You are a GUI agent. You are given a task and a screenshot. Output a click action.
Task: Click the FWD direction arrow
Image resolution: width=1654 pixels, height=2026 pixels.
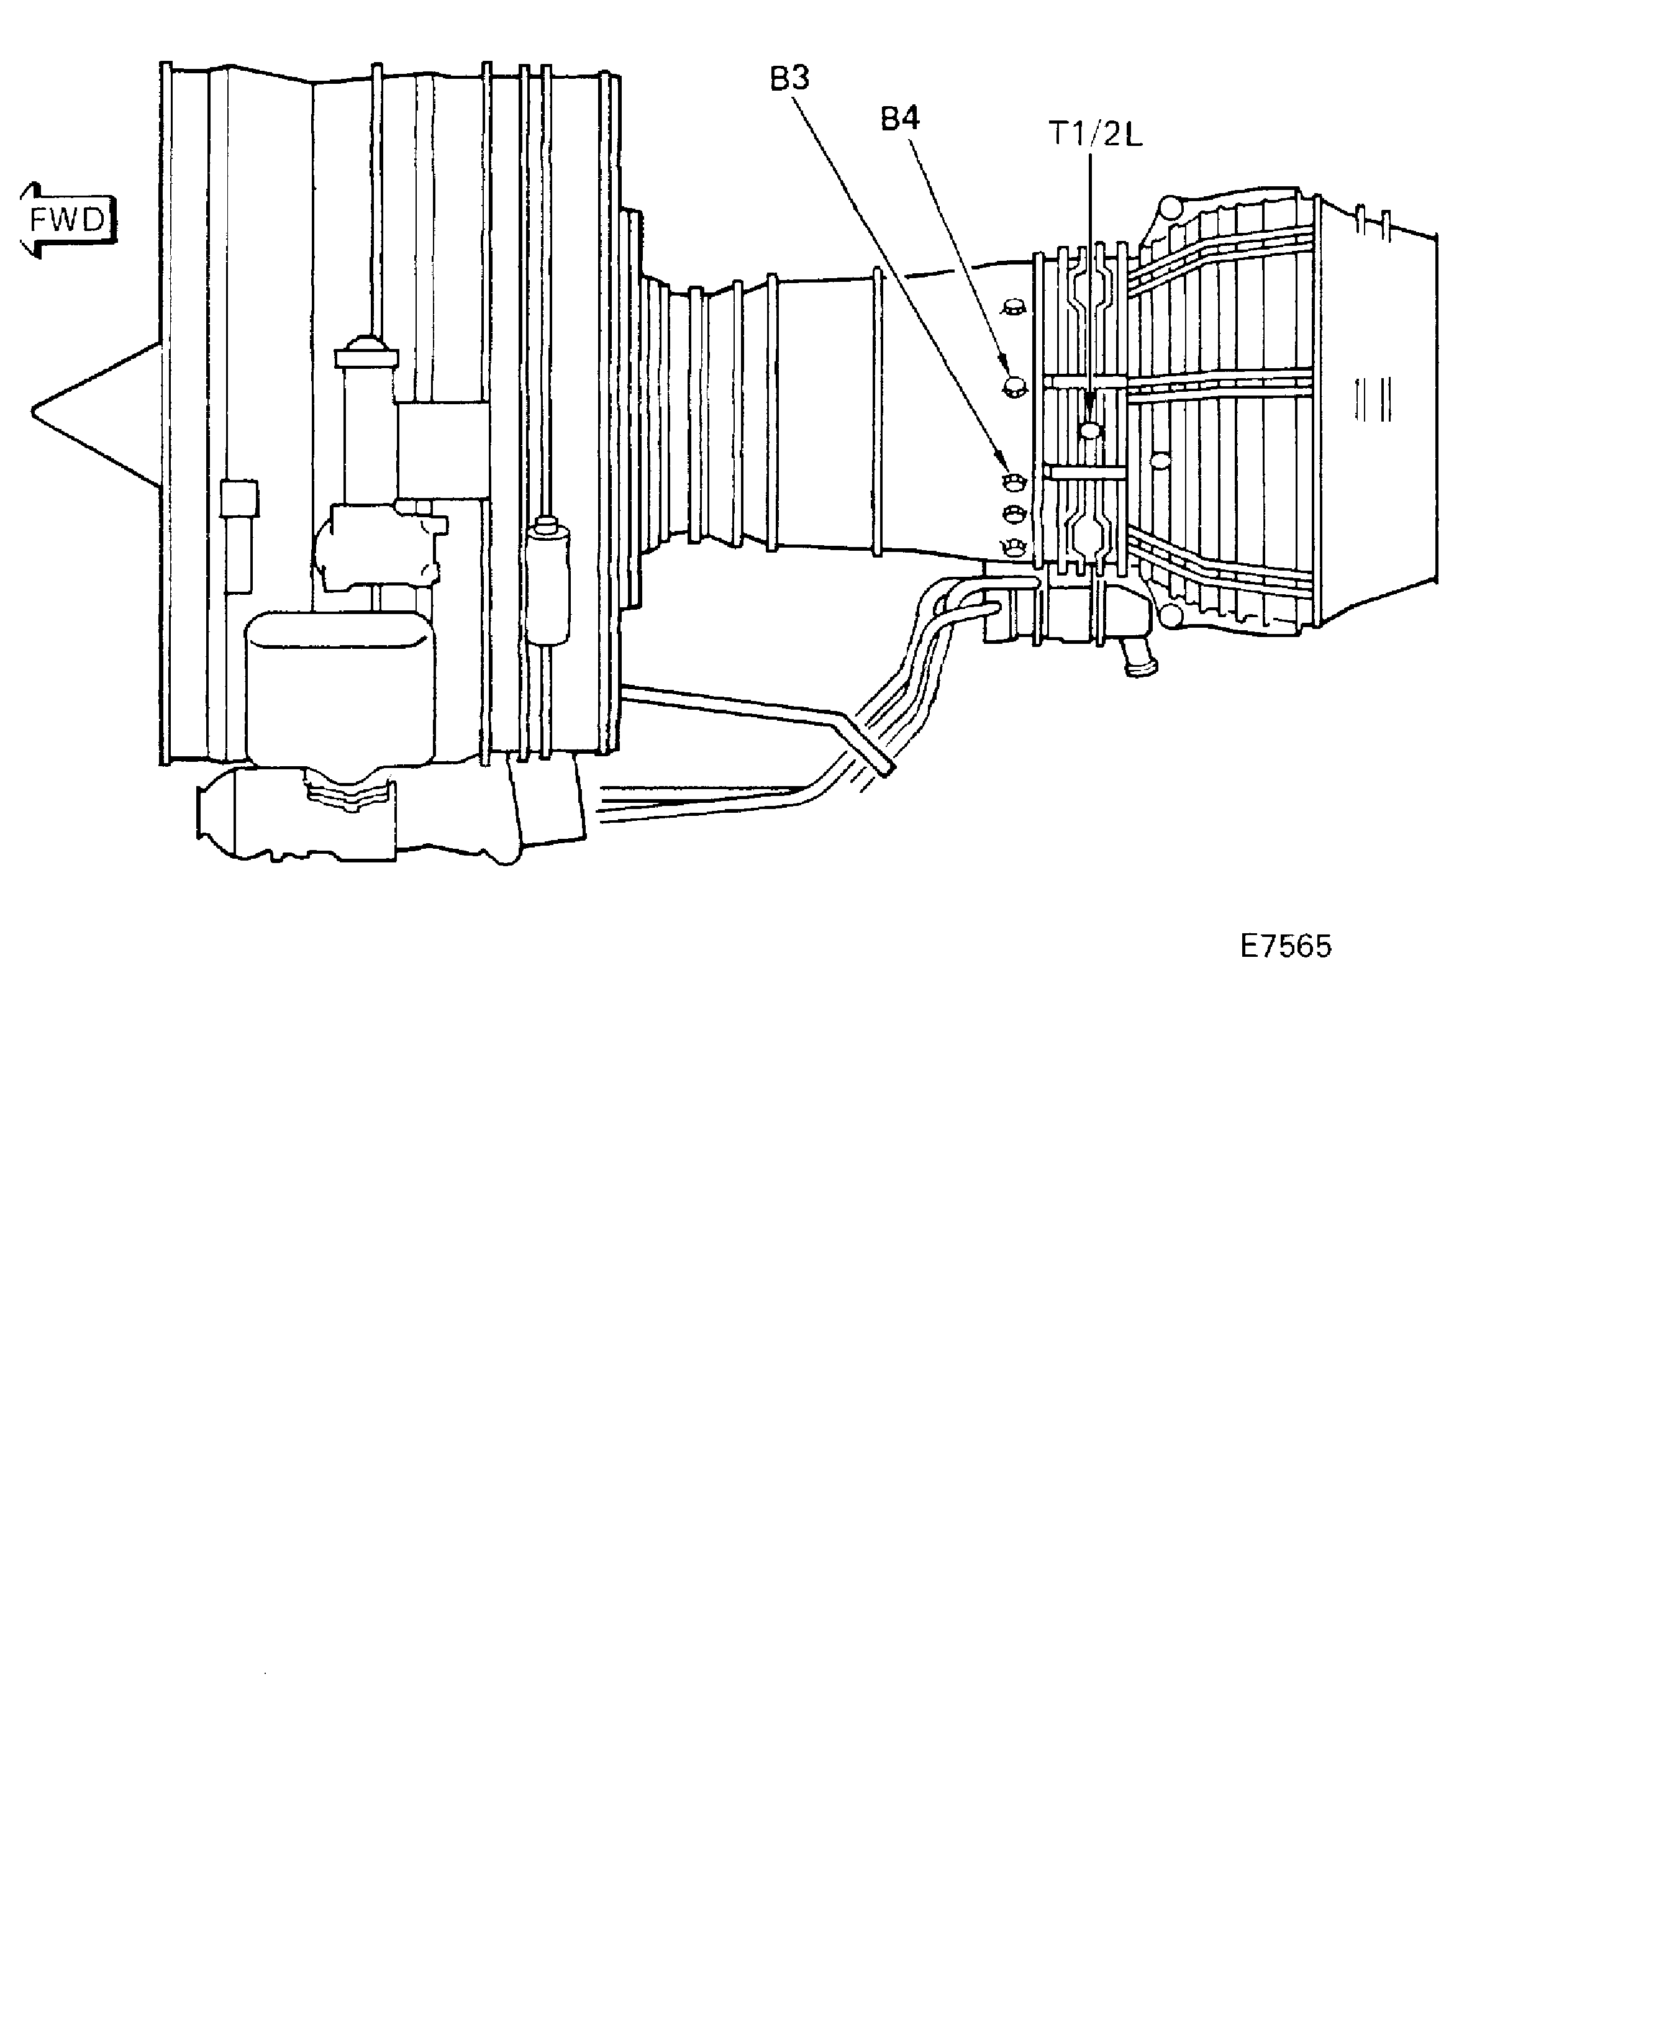(x=66, y=220)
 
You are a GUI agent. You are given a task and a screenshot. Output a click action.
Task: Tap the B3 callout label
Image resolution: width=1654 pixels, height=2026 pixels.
(x=790, y=79)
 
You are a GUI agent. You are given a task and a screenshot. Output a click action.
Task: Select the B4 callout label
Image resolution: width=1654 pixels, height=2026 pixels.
(x=899, y=119)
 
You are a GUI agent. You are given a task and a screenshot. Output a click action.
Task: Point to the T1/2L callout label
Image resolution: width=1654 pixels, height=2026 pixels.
(x=1096, y=135)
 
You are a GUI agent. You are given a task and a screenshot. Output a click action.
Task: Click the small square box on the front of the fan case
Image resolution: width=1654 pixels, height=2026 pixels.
(x=238, y=498)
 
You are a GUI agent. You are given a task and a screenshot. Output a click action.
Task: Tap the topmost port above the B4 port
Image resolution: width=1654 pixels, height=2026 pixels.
(x=1013, y=308)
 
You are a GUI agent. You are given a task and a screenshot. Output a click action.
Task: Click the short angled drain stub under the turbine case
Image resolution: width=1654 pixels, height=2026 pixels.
(x=1138, y=658)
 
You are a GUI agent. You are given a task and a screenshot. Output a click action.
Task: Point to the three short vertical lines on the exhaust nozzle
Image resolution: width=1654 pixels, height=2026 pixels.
(x=1372, y=399)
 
